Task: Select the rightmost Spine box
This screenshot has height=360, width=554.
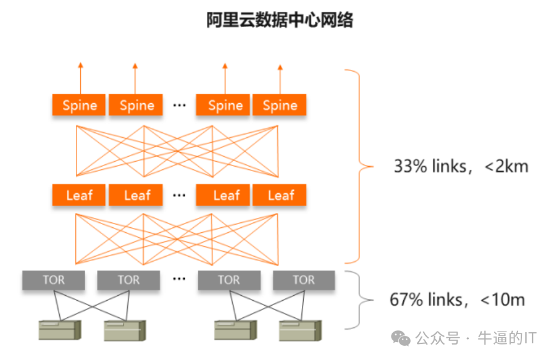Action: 280,105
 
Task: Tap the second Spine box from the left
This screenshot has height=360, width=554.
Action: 136,105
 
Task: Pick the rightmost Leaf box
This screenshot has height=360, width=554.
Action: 281,195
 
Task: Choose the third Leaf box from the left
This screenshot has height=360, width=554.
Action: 225,195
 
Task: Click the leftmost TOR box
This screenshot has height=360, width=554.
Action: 53,280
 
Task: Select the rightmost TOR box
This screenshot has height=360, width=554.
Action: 304,280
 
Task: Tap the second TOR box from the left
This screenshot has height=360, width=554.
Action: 128,280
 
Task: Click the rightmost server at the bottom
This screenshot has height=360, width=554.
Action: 299,330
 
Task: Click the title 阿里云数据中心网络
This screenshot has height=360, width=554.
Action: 280,20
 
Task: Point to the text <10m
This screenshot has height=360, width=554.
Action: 502,300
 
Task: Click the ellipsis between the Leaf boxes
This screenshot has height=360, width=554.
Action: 179,195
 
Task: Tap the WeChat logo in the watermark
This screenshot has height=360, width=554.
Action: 402,338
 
